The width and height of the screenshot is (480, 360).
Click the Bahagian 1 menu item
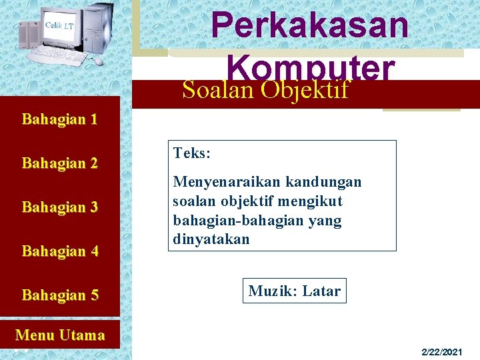tap(60, 120)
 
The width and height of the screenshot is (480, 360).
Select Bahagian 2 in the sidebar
tap(60, 163)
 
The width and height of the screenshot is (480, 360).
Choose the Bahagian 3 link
tap(60, 207)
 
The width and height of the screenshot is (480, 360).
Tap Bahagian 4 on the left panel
tap(60, 251)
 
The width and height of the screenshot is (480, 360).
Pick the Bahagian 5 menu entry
tap(60, 295)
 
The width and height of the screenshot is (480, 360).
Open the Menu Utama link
tap(60, 335)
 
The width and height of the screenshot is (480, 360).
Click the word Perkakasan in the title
tap(310, 25)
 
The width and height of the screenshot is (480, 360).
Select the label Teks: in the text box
tap(192, 153)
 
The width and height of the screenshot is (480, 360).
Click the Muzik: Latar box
tap(294, 291)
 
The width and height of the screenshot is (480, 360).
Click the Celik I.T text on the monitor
tap(59, 25)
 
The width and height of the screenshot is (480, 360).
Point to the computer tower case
tap(98, 27)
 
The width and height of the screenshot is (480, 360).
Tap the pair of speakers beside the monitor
tap(29, 35)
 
